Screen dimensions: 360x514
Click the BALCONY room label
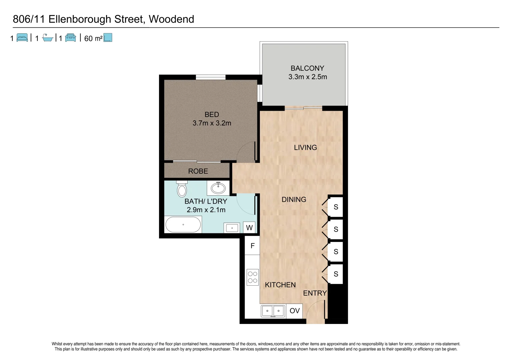coord(307,68)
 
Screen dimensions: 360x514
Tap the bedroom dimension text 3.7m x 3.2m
coord(212,123)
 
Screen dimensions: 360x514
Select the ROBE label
coord(198,171)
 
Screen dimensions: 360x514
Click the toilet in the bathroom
coord(182,189)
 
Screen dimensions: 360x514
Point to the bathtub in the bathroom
coord(183,225)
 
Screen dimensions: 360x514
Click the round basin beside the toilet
coord(218,188)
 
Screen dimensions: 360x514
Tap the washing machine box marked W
coord(249,228)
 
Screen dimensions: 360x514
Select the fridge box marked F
coord(252,246)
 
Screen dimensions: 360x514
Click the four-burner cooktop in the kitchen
coord(252,277)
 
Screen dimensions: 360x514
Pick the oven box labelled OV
coord(294,311)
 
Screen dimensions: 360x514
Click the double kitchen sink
coord(273,311)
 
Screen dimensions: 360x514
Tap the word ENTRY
coord(315,293)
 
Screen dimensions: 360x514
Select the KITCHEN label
coord(280,285)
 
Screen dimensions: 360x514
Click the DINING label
coord(294,199)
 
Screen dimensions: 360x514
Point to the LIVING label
coord(305,147)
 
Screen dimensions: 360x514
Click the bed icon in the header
coord(22,38)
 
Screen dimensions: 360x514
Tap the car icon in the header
coord(71,38)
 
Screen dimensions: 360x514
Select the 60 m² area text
coord(93,38)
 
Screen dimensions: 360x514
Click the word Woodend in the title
coord(171,19)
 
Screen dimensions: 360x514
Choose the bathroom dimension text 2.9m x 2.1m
coord(206,210)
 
